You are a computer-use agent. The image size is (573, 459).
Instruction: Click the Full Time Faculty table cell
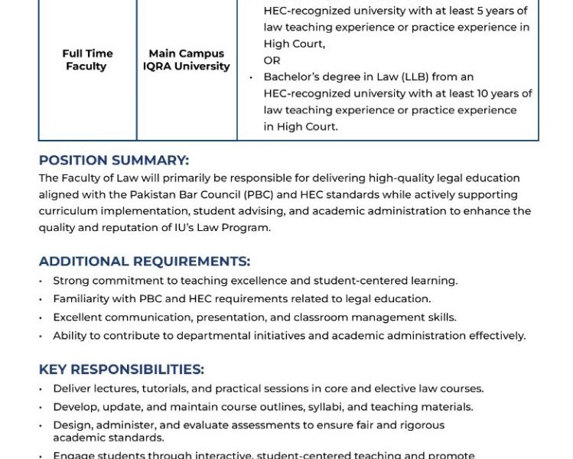pyautogui.click(x=87, y=60)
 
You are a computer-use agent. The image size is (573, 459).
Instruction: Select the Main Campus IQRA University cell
pyautogui.click(x=186, y=60)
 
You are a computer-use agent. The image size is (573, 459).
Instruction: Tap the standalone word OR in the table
pyautogui.click(x=272, y=60)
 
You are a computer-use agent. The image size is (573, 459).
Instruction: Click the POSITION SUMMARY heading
pyautogui.click(x=113, y=161)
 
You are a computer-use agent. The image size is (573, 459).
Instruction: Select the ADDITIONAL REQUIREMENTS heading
pyautogui.click(x=144, y=262)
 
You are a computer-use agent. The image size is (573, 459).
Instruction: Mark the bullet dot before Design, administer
pyautogui.click(x=41, y=425)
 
